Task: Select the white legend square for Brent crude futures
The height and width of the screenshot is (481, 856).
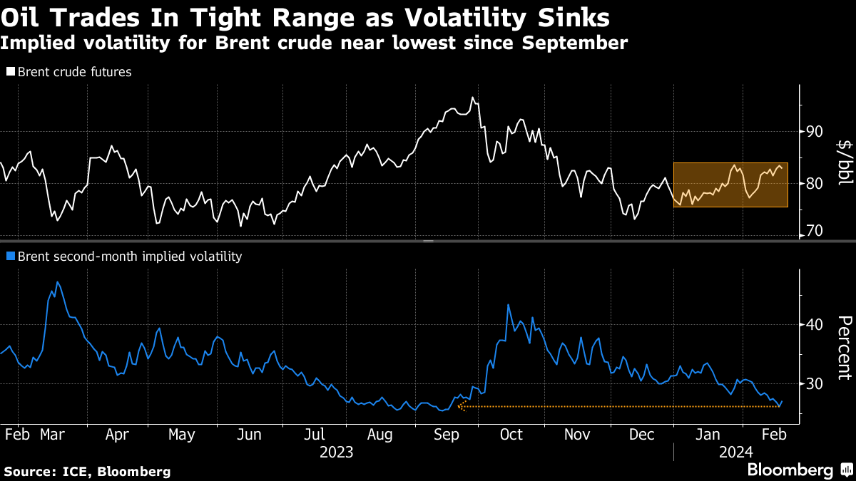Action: [x=10, y=72]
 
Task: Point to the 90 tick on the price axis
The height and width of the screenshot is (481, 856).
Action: [x=815, y=132]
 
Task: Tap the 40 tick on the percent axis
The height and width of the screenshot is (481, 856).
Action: [x=815, y=325]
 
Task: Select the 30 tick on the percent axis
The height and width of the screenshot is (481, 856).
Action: [x=815, y=384]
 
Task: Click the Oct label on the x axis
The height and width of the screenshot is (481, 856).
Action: [x=511, y=435]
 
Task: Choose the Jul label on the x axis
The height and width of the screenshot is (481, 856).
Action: [x=315, y=435]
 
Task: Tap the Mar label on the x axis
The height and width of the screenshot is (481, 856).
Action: [x=53, y=435]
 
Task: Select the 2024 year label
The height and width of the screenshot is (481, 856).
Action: [x=735, y=452]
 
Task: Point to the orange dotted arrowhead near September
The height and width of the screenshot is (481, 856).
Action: [x=462, y=406]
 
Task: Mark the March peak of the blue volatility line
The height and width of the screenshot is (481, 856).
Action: [x=57, y=282]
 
